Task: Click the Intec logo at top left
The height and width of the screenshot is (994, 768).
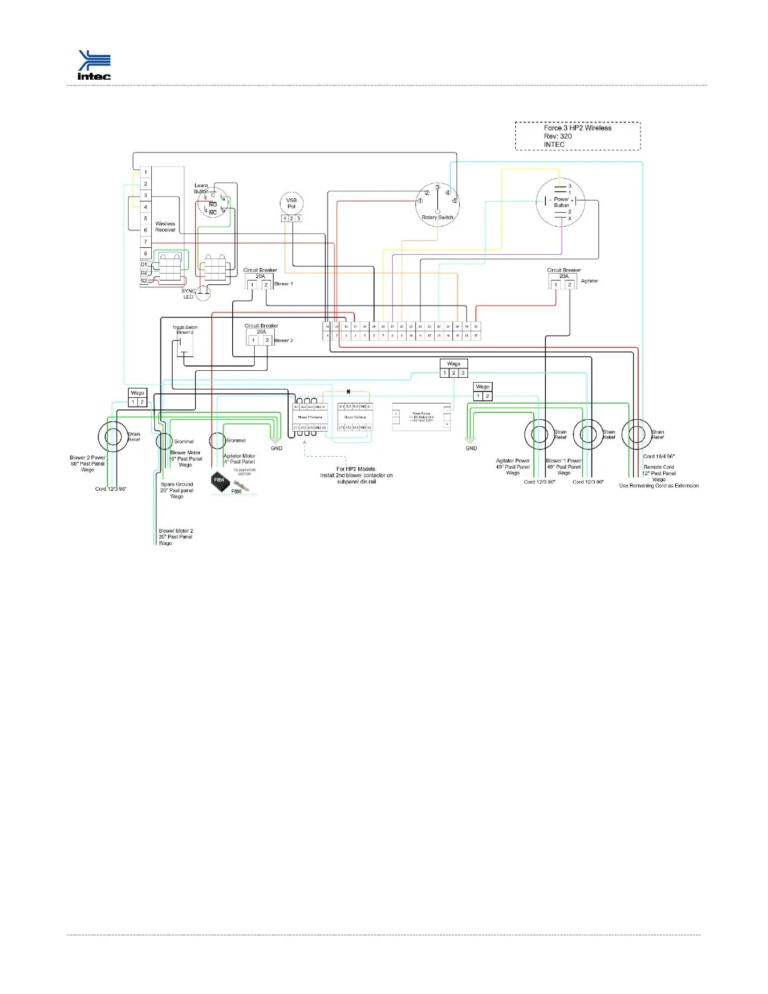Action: coord(94,65)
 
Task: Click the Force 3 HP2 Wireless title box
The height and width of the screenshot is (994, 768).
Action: coord(577,136)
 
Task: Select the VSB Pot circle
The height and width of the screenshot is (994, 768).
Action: coord(291,203)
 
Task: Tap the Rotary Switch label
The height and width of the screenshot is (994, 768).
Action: coord(437,218)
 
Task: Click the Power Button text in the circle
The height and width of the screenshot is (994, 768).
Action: coord(562,202)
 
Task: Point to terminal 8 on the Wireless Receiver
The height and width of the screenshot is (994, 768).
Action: coord(146,254)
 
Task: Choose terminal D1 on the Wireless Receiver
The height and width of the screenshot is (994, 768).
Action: coord(144,265)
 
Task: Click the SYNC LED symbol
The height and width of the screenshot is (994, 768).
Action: coord(203,292)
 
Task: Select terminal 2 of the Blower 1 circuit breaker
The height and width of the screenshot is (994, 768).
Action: coord(266,285)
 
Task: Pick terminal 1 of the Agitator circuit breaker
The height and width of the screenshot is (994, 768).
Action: coord(555,285)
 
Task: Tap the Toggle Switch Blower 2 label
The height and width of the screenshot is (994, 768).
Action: coord(184,329)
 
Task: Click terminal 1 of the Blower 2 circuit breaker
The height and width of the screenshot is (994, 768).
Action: coord(253,341)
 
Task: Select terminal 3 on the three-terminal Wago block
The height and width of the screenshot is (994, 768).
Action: coord(463,373)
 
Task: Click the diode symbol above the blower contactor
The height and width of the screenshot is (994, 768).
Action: coord(348,392)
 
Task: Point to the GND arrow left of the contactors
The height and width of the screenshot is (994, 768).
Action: coord(275,441)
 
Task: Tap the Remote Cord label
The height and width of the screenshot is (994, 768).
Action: coord(659,467)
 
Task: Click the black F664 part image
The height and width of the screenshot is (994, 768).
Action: coord(220,480)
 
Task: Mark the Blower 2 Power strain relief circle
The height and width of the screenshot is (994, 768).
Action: coord(114,436)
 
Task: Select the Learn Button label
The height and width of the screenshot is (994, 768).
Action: coord(201,188)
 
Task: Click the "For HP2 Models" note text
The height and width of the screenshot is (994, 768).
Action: coord(356,475)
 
